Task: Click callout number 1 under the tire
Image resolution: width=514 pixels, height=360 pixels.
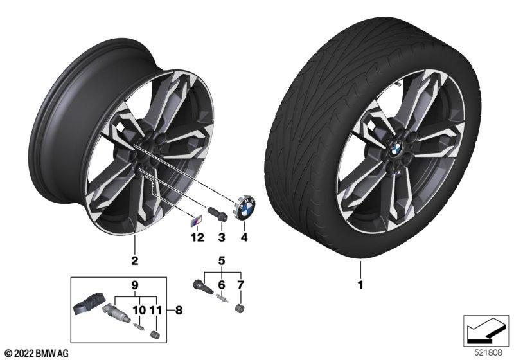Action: (x=360, y=285)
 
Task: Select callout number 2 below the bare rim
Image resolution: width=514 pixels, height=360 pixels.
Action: (x=134, y=260)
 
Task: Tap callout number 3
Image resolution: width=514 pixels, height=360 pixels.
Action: (x=222, y=237)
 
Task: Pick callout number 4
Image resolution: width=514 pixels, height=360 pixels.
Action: (x=244, y=237)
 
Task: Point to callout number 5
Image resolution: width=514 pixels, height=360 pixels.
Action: (x=222, y=261)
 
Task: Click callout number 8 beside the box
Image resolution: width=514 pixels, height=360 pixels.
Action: (x=179, y=310)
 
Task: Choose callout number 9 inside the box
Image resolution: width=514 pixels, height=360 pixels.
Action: (x=135, y=285)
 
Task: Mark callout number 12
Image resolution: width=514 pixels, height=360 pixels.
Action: (x=197, y=237)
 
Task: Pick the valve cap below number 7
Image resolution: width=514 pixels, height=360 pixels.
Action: (x=240, y=309)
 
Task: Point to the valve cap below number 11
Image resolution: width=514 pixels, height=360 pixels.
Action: (x=154, y=334)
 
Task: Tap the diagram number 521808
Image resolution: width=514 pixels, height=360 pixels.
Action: (x=488, y=353)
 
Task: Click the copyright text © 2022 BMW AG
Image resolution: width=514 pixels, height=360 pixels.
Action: (x=37, y=353)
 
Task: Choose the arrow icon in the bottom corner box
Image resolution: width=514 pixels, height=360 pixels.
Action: (x=486, y=330)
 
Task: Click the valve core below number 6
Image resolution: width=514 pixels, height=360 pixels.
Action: (x=222, y=298)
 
